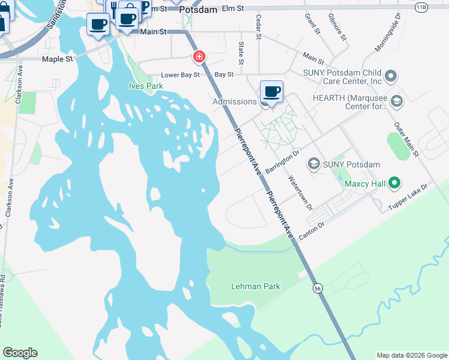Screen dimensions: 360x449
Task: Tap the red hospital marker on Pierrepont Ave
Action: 198,57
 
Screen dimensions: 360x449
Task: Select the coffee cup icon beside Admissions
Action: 271,92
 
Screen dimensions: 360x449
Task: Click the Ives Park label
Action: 146,86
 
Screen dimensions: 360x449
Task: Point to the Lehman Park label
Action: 256,286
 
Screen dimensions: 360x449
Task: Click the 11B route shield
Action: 421,5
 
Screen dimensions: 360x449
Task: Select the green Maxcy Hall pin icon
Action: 394,182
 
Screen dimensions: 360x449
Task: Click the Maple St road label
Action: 57,59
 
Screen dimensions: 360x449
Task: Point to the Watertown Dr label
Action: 300,192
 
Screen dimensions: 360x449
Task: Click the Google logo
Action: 20,353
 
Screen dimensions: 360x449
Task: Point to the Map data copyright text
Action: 411,355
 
